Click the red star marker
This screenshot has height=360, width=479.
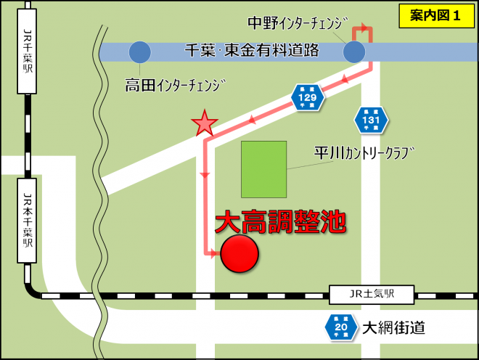(x=205, y=124)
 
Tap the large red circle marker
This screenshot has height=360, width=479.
(x=239, y=254)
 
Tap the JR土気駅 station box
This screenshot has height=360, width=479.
(x=371, y=295)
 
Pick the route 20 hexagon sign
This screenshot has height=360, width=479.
(x=340, y=327)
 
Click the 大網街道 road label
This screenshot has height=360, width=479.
(x=395, y=327)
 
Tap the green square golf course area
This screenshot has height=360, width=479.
(x=263, y=170)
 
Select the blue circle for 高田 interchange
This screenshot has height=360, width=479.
(x=139, y=52)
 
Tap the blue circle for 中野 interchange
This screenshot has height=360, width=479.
(x=354, y=52)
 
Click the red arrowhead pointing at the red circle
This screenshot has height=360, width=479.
(x=213, y=254)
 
